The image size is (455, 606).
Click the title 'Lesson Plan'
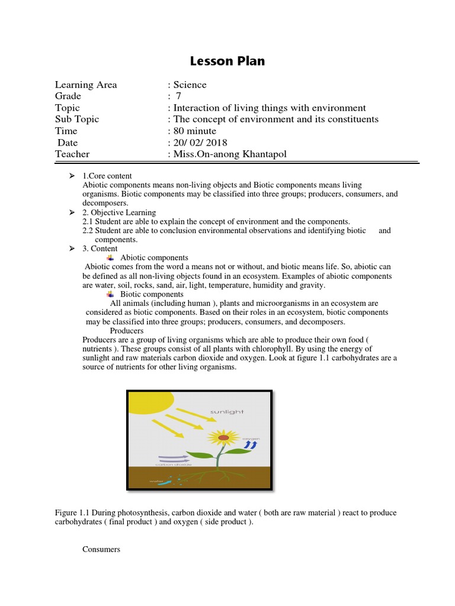[x=227, y=61]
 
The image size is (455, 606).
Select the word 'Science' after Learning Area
[x=190, y=85]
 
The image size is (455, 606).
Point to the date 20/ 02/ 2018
[x=200, y=143]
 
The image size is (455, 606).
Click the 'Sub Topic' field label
[x=77, y=119]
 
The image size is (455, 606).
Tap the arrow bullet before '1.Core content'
[x=72, y=176]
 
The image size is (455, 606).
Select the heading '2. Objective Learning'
[x=119, y=212]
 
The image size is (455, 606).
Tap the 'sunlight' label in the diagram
[x=227, y=411]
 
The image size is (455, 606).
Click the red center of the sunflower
[x=223, y=438]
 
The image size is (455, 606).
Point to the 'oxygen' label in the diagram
[x=251, y=439]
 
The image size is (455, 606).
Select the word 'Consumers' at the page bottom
[x=101, y=550]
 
